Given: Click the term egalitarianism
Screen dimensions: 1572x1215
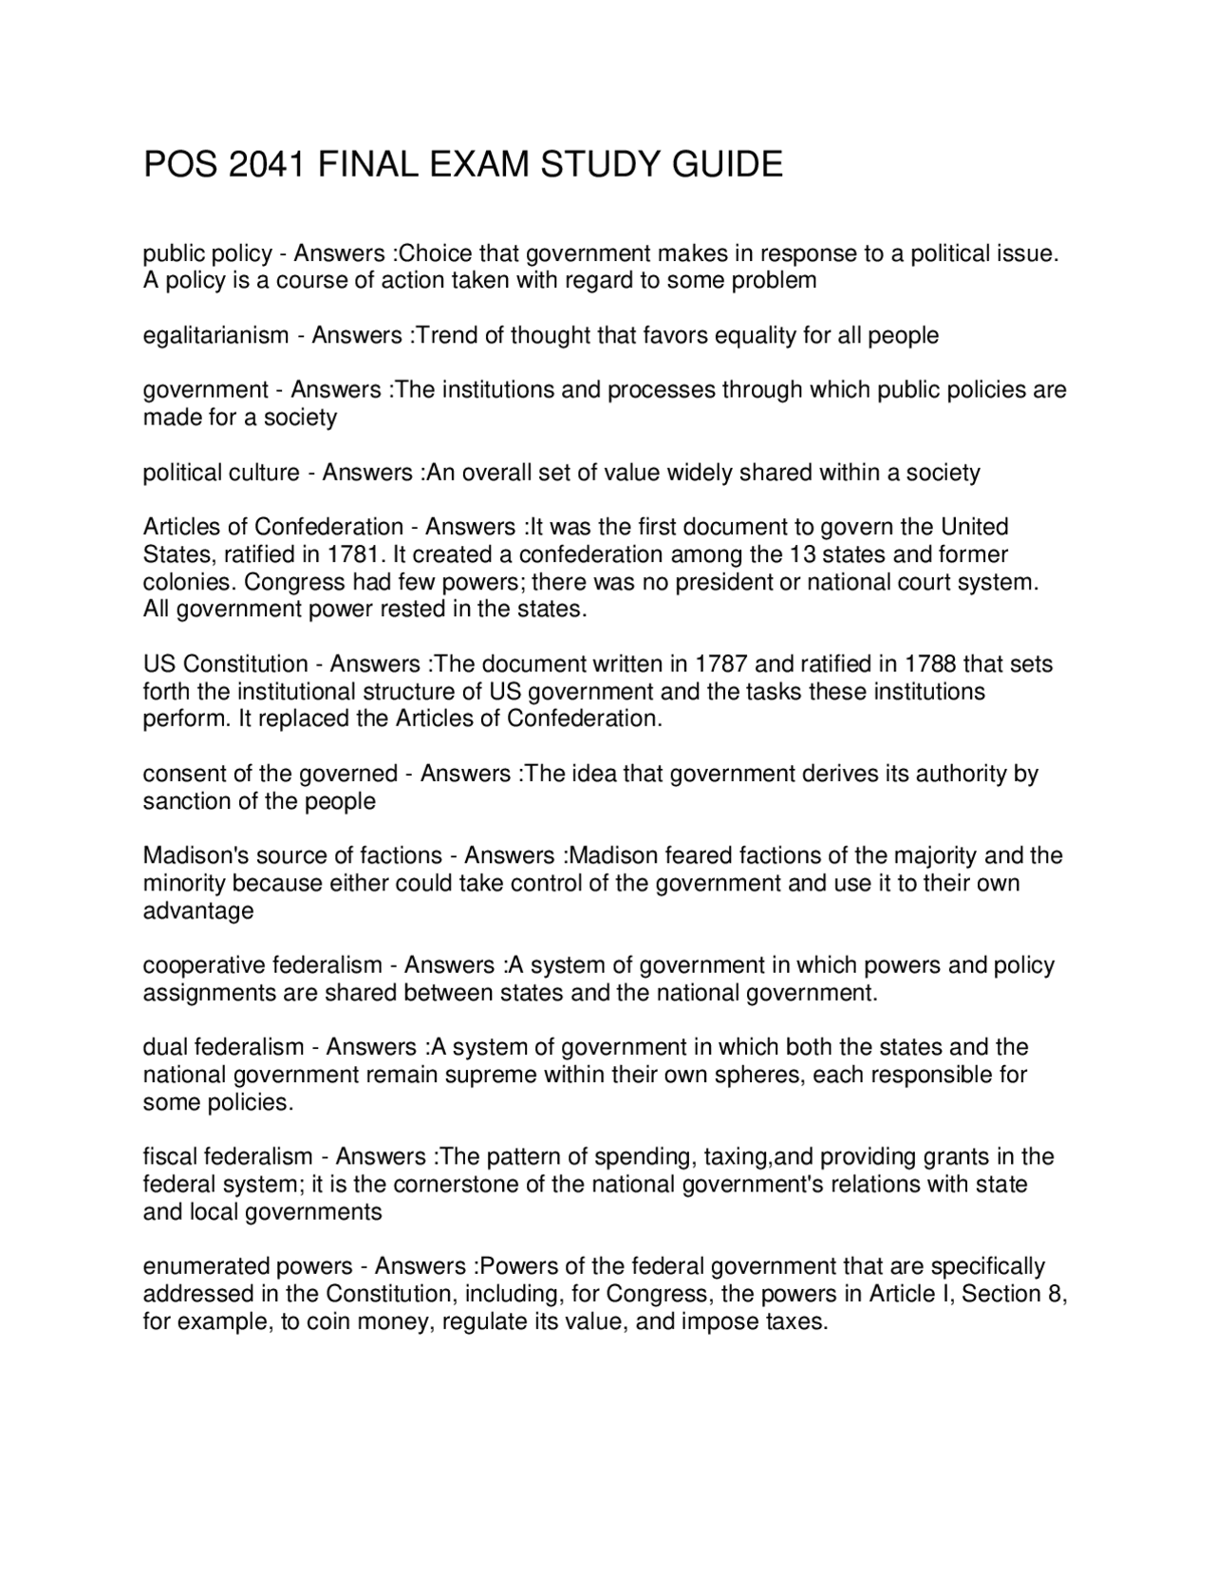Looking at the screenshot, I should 215,335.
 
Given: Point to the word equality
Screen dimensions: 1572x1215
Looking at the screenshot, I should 755,335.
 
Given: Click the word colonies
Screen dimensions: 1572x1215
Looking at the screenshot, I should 183,581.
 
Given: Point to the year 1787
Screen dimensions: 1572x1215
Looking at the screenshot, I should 720,664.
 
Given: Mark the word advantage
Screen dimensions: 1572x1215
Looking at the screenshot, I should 198,911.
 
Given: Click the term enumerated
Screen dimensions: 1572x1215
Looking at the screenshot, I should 207,1266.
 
